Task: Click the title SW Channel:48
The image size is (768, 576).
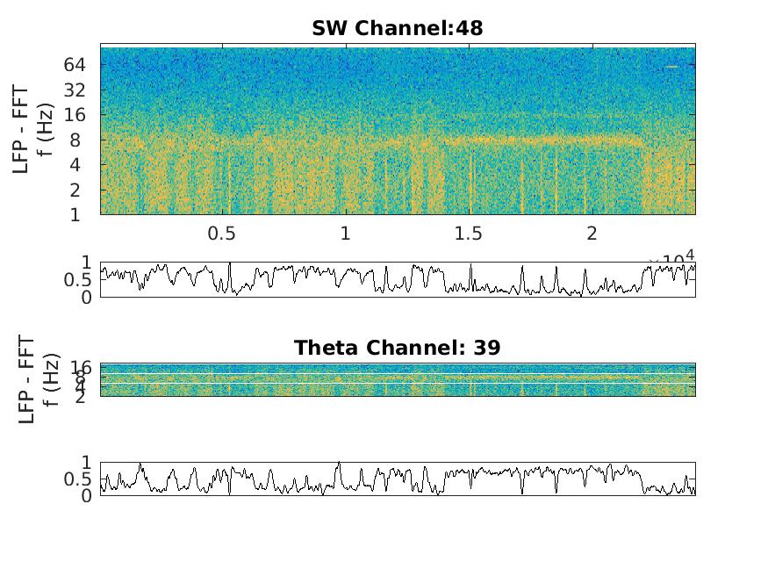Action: [397, 28]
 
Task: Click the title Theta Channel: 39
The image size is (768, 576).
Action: [397, 348]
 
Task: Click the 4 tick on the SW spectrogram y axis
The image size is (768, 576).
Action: [77, 164]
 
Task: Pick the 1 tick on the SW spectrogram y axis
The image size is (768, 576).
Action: [77, 214]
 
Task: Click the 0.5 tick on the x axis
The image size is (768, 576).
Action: [222, 234]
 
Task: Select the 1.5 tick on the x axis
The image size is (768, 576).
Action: [469, 234]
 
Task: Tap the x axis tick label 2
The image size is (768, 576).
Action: [592, 234]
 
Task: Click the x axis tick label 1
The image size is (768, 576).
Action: [346, 234]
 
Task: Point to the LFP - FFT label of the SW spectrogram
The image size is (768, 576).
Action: [22, 130]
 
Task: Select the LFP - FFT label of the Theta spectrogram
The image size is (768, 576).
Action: [27, 379]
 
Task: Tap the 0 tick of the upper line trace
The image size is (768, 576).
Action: [87, 298]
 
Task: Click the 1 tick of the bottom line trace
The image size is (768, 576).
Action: [87, 462]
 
